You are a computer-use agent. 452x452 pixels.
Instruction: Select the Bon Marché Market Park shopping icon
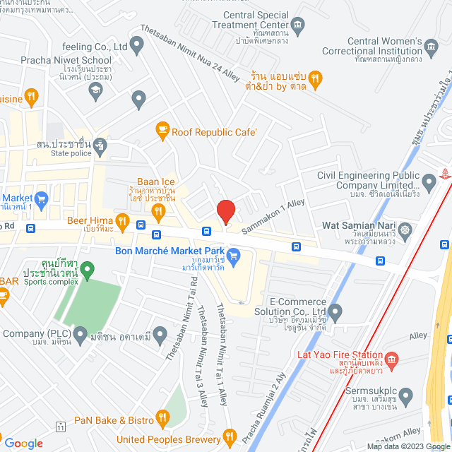coord(233,253)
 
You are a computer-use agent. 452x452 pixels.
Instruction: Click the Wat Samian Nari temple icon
coord(405,230)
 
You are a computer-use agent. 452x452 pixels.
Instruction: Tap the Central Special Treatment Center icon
coord(298,28)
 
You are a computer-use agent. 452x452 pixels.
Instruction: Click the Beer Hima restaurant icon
coord(121,223)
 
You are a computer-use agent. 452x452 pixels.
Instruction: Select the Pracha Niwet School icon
coord(96,88)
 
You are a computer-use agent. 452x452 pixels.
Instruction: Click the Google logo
coord(23,443)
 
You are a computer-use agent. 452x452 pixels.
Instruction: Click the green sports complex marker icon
coord(87,268)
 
